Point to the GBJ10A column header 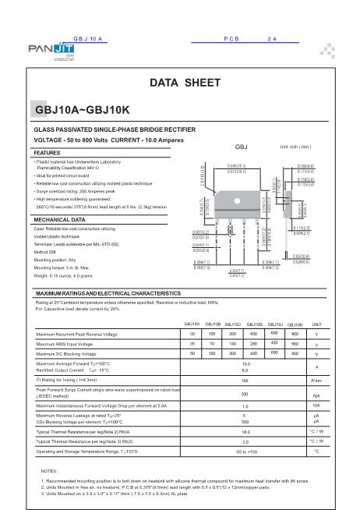tap(192, 323)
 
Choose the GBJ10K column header tap(295, 324)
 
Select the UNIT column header tap(317, 324)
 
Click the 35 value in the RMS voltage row tap(192, 343)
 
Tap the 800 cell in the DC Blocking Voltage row tap(295, 353)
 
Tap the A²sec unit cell tap(317, 380)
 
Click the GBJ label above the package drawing tap(241, 147)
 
